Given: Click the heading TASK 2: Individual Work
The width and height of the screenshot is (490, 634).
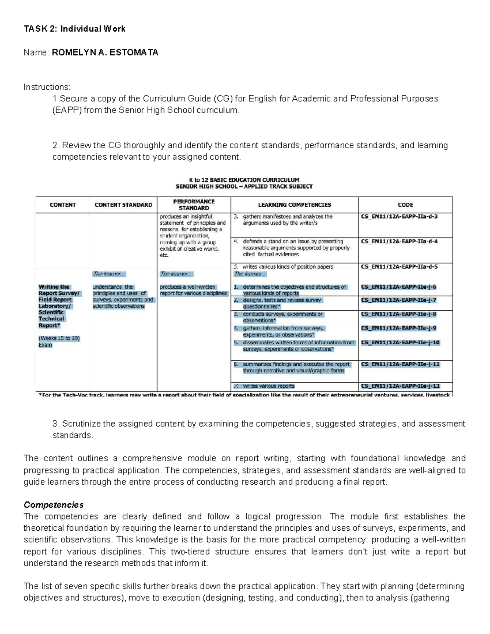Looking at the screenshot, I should (x=74, y=29).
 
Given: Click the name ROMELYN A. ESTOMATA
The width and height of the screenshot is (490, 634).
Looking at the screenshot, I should (x=105, y=52).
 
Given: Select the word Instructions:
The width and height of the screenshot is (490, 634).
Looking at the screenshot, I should (x=47, y=87).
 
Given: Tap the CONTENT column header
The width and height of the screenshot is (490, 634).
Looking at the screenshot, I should (x=62, y=205).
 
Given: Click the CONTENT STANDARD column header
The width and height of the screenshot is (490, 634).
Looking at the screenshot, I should (x=123, y=205).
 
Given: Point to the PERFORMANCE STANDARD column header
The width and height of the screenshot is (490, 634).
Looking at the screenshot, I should (x=194, y=205).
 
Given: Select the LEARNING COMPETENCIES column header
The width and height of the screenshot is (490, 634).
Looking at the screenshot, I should (x=294, y=205).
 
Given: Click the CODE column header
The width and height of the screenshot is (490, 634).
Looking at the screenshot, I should (x=405, y=205).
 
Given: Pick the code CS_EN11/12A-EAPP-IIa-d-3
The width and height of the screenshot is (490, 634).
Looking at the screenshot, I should (x=399, y=217).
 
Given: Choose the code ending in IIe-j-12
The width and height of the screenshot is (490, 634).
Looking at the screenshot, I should (x=400, y=386).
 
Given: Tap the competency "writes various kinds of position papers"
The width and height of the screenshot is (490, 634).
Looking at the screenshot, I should (x=287, y=267).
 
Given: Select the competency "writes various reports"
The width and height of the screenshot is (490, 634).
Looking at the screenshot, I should (x=268, y=386).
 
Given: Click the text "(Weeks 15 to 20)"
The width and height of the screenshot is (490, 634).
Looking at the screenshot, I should (x=59, y=338).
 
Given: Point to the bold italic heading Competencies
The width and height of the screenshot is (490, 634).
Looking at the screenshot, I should (x=53, y=505).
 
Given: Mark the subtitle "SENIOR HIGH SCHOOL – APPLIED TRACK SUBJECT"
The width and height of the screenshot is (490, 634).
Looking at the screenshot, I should (x=244, y=187).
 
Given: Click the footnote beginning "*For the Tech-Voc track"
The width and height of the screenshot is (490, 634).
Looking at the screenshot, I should (x=245, y=395).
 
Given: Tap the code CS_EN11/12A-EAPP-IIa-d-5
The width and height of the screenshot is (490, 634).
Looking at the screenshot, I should (x=399, y=267).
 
